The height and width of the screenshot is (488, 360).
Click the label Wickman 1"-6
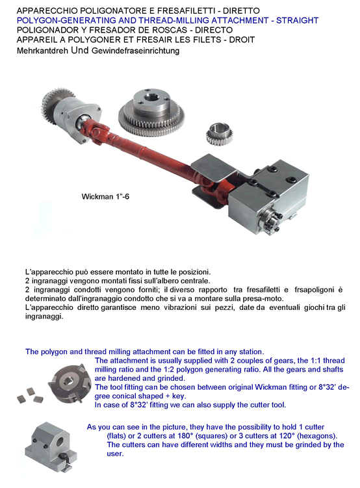coord(105,196)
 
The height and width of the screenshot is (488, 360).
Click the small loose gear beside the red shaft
coord(219,134)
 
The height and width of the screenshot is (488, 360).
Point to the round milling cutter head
coord(66,383)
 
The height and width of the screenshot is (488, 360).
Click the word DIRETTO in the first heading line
coord(241,11)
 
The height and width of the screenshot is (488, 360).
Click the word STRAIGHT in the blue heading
coord(297,21)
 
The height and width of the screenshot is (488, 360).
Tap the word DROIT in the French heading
coord(242,40)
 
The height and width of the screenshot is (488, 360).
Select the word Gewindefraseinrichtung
coord(135,51)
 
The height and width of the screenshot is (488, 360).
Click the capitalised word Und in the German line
coord(80,50)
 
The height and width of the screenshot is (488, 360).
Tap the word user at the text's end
coord(115,454)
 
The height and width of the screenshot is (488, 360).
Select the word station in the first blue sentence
coord(251,352)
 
